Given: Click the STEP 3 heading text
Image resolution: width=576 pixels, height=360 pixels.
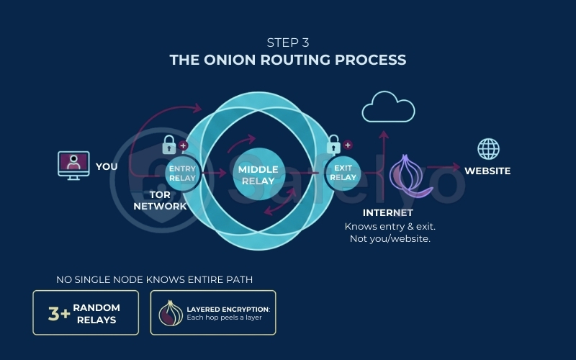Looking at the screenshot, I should pos(288,42).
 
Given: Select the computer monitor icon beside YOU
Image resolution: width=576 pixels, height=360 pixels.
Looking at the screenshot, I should pos(73,165).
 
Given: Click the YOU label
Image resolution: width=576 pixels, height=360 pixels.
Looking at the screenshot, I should pos(107,166).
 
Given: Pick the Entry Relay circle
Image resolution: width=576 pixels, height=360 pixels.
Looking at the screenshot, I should pos(181,172).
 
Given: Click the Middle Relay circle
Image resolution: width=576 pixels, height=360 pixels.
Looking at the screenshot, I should pos(258,175).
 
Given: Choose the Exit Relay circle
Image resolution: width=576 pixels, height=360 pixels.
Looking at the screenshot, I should pos(343,172).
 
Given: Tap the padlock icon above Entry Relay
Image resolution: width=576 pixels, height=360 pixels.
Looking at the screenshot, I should pos(170,143).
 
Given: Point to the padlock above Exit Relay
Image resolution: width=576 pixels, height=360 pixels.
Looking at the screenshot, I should pos(333,144).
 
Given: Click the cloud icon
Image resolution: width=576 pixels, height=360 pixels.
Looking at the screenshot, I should pos(388,108).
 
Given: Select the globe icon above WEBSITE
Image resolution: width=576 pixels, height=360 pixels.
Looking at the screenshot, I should pos(488,149).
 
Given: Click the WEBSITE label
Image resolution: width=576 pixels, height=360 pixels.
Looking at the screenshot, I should pos(487,171).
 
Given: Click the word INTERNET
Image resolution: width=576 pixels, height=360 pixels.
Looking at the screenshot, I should pos(387,212).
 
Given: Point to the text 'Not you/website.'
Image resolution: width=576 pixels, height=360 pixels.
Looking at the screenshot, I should pos(390,238).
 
